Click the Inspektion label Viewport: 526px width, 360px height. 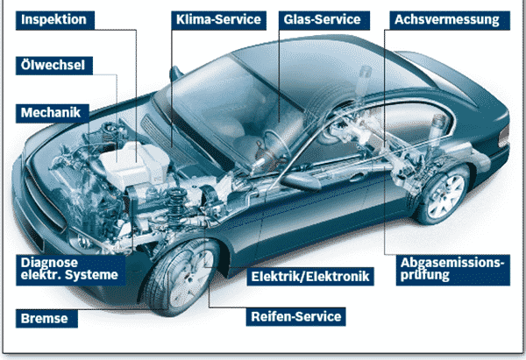pos(55,20)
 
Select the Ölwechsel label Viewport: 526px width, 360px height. pos(54,66)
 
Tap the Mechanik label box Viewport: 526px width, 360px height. pos(53,113)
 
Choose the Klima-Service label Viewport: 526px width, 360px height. pos(218,20)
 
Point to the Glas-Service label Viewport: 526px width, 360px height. pos(324,20)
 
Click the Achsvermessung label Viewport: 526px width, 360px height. pos(450,20)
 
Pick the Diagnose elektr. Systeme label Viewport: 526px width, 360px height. pos(70,270)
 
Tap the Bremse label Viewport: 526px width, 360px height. pos(46,319)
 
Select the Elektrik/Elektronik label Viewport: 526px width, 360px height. pos(310,277)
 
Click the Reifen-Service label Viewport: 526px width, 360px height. pos(296,317)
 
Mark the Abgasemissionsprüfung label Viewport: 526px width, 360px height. pos(453,270)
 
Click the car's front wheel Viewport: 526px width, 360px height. pos(183,277)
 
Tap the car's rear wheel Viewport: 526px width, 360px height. pos(443,194)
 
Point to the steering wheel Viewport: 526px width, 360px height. pos(277,145)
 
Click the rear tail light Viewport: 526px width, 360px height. pos(503,137)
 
